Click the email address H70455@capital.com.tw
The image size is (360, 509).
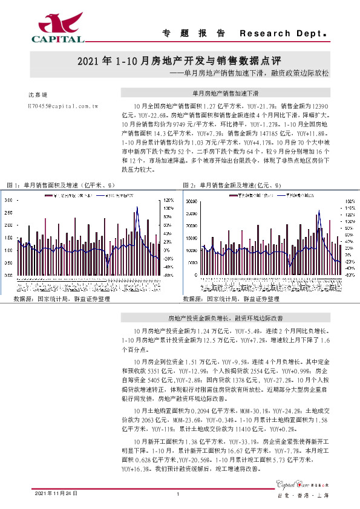[x=63, y=105]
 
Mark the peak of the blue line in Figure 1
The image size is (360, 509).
[x=137, y=207]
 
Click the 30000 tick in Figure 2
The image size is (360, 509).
[x=189, y=201]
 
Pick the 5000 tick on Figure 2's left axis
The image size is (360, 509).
[x=191, y=262]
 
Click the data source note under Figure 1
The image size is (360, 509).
[x=62, y=299]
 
